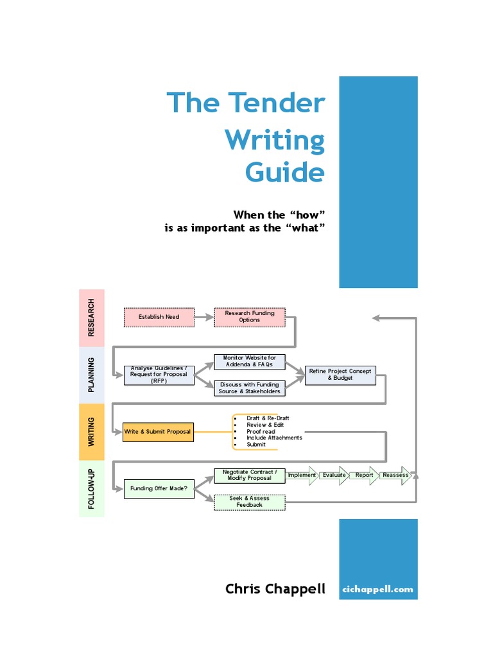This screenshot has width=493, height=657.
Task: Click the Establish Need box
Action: coord(159,317)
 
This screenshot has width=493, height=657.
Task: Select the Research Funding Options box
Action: coord(249,317)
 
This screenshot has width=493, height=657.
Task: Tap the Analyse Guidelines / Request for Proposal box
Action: coord(159,375)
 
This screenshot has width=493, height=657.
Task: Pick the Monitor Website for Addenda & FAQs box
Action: coord(249,361)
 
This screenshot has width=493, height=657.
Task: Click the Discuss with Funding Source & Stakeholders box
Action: coord(249,388)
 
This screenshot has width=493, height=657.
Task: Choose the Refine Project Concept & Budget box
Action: coord(340,375)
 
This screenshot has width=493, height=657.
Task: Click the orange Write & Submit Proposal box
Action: coord(158,432)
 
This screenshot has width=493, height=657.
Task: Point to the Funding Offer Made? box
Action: coord(159,489)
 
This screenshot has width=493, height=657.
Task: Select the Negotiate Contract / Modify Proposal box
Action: coord(249,475)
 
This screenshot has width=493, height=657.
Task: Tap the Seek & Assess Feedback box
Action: coord(249,502)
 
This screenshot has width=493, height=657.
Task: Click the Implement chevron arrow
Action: coord(302,475)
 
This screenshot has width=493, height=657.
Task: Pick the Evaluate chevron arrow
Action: coord(334,475)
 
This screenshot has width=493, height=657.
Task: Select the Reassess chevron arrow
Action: coord(395,475)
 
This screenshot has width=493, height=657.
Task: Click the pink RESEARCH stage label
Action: coord(91,318)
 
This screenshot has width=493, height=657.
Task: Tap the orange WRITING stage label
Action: coord(91,432)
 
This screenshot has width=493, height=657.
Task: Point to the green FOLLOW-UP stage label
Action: coord(91,489)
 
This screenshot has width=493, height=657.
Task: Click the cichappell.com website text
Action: coord(378,589)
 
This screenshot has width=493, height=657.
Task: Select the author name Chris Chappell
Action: coord(275,589)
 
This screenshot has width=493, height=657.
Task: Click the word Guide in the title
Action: coord(285,173)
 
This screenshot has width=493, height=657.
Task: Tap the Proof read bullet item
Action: coord(261,432)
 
